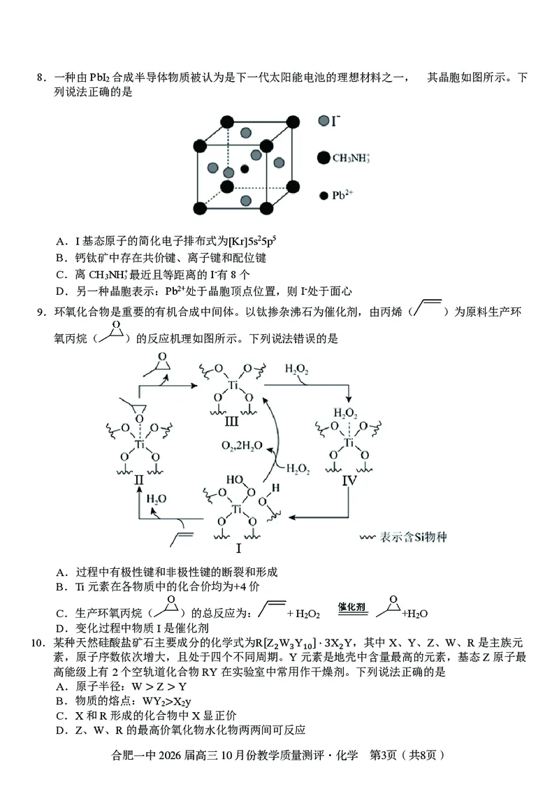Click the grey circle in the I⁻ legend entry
(323, 121)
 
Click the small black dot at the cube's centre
(245, 168)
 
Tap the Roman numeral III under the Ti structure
(231, 421)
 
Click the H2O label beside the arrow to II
(157, 499)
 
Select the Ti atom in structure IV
(349, 442)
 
